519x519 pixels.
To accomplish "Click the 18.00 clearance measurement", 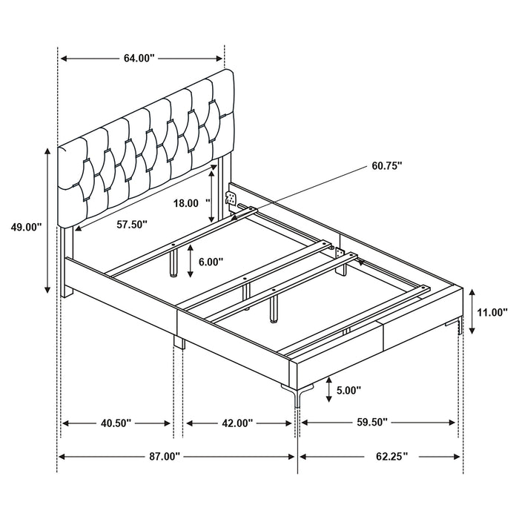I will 188,202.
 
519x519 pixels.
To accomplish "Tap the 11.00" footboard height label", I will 492,312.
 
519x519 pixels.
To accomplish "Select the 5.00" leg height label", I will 348,390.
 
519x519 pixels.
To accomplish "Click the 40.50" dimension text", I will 116,423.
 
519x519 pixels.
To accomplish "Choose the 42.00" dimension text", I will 237,423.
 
